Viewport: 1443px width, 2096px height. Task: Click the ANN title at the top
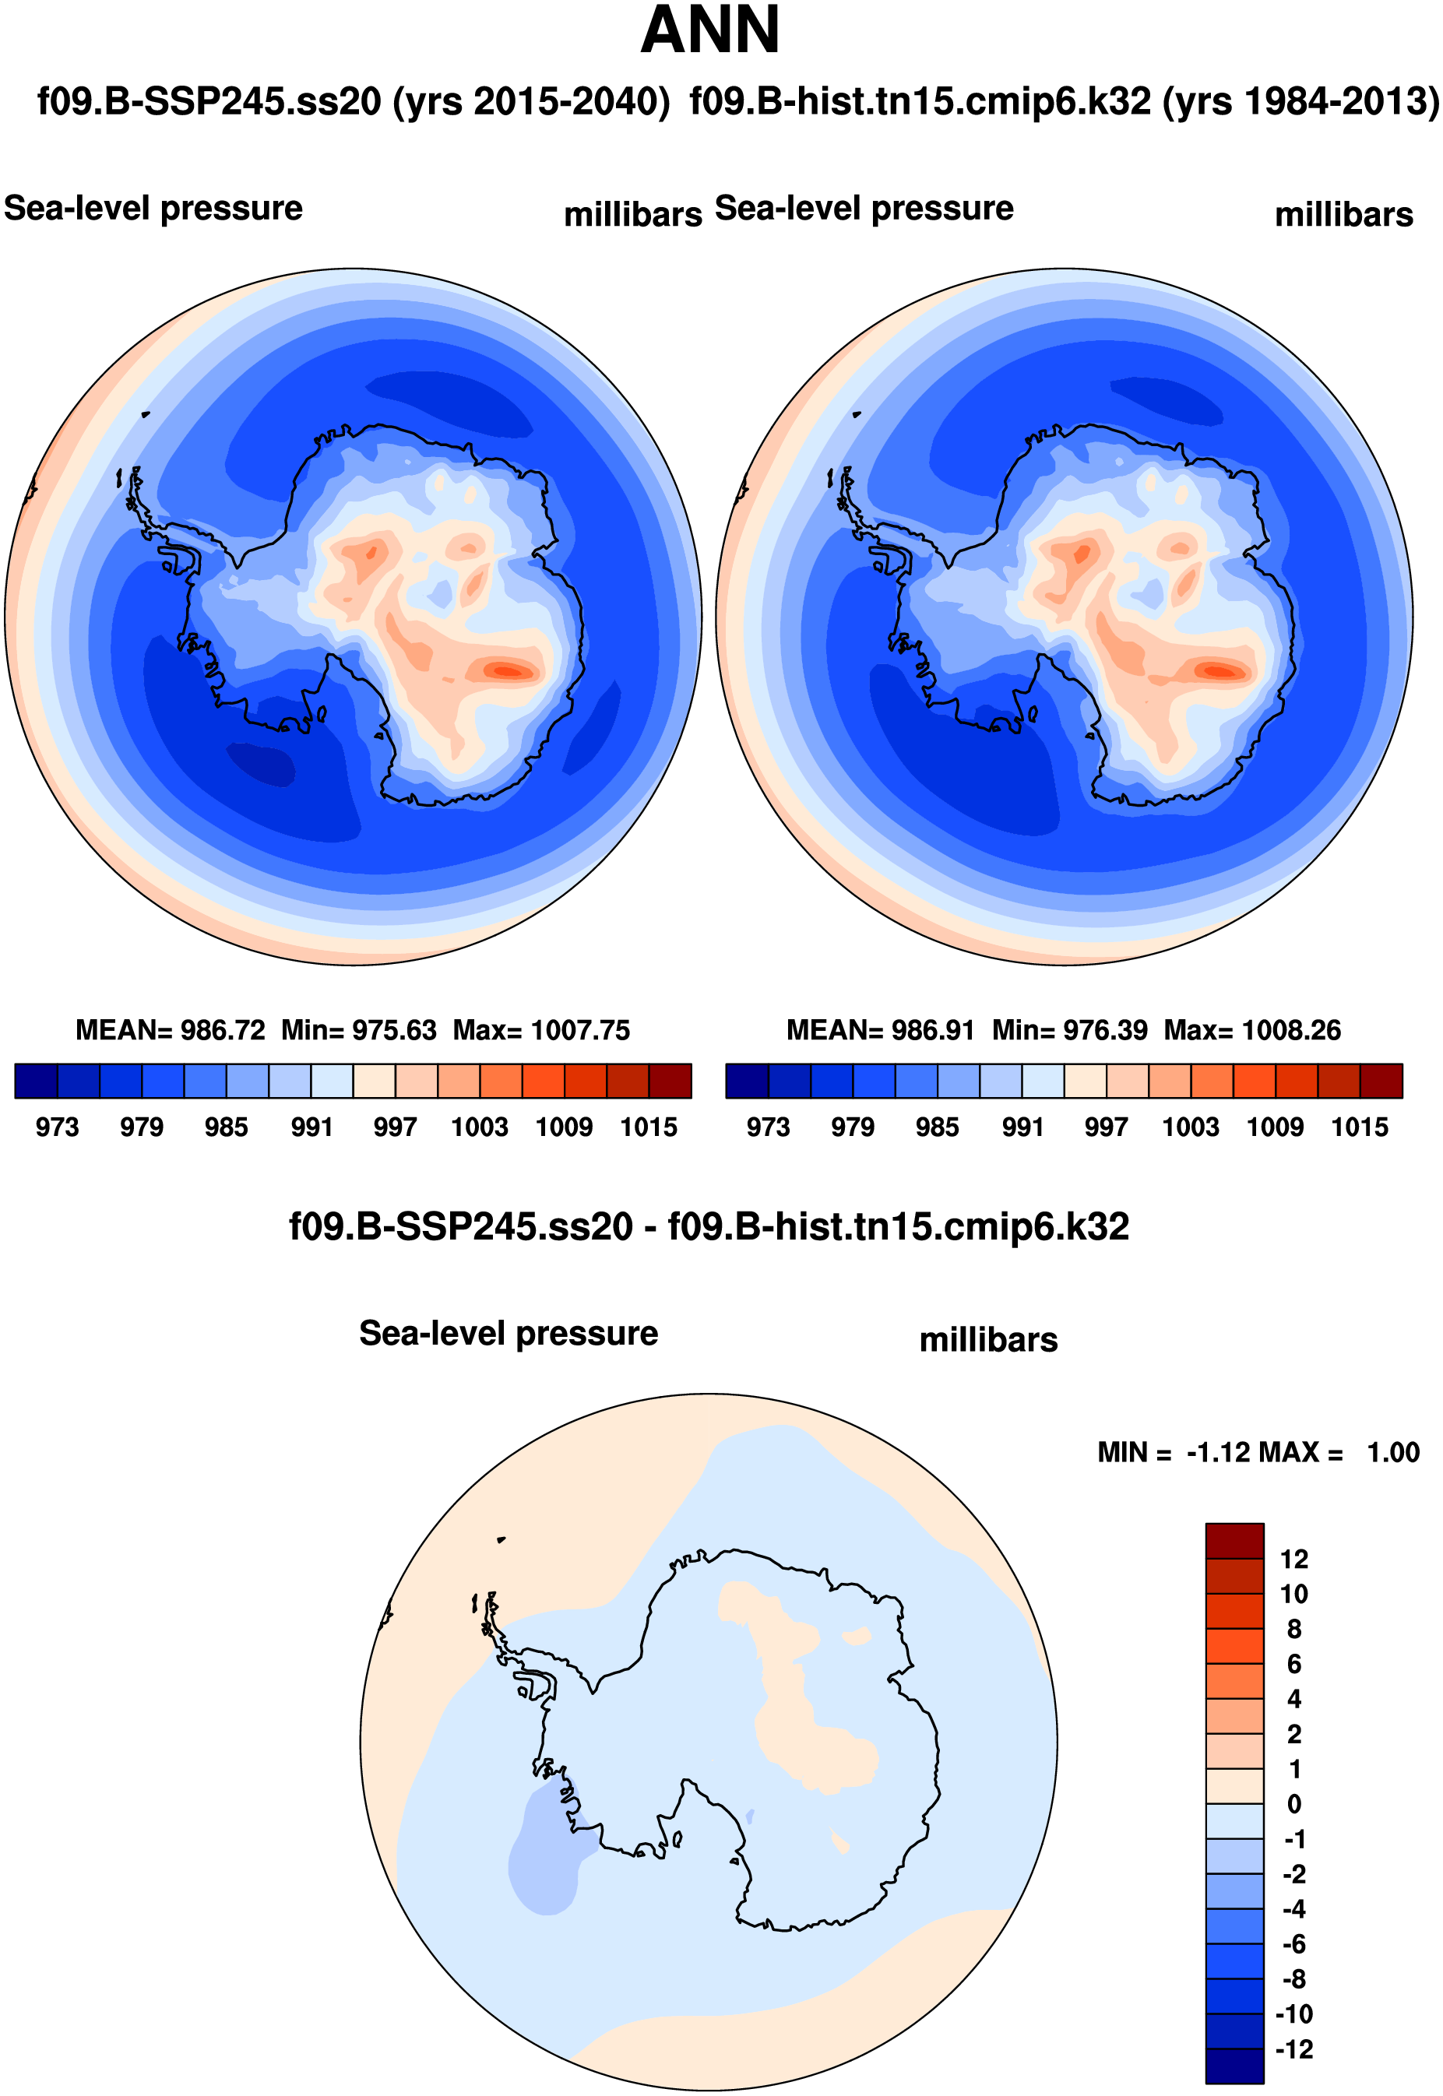[x=709, y=30]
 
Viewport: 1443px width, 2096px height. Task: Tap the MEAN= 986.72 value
[x=170, y=1030]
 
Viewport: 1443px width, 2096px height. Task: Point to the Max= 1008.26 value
[x=1252, y=1030]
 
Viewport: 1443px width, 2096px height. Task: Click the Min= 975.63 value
[x=359, y=1030]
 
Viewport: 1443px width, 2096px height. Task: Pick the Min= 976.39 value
[x=1069, y=1030]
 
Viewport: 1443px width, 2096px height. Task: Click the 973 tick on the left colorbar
[x=57, y=1127]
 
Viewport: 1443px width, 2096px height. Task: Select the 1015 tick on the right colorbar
[x=1360, y=1127]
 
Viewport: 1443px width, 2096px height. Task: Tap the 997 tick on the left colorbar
[x=395, y=1127]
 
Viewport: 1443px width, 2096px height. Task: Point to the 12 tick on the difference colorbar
[x=1293, y=1559]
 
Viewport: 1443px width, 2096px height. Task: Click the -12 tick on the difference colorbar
[x=1293, y=2049]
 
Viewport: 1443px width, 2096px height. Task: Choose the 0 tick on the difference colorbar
[x=1293, y=1804]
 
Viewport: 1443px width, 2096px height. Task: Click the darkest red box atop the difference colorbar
[x=1234, y=1540]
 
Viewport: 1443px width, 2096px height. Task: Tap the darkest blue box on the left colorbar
[x=36, y=1081]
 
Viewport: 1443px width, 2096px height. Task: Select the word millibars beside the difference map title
[x=988, y=1339]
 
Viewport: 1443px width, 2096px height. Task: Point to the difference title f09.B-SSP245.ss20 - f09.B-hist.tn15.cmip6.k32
[x=709, y=1226]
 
